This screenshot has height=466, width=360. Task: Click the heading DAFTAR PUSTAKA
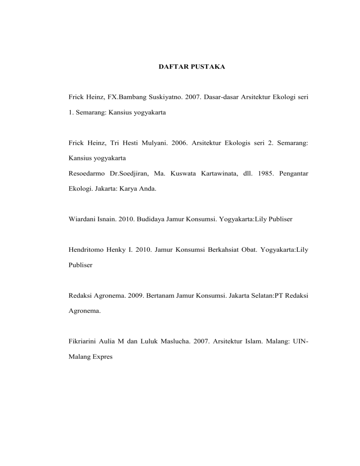click(x=189, y=68)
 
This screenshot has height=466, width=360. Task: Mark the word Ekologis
click(x=244, y=145)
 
